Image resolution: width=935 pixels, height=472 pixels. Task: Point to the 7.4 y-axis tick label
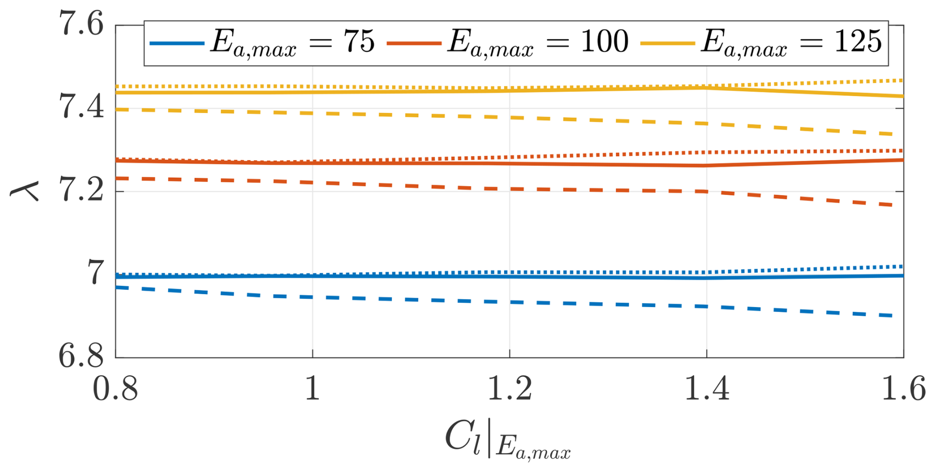click(82, 107)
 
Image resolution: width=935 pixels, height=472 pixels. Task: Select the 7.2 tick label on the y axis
click(82, 191)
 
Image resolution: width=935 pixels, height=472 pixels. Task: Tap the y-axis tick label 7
click(95, 273)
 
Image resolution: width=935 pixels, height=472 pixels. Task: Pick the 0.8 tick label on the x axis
click(115, 389)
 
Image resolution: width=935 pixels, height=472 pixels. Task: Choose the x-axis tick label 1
click(312, 389)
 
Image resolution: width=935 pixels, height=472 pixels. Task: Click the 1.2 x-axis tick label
click(509, 389)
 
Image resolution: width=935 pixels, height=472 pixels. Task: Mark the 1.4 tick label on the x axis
click(706, 389)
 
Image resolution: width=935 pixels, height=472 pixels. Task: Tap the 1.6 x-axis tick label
click(903, 389)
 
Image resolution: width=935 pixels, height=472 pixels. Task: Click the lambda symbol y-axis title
click(25, 191)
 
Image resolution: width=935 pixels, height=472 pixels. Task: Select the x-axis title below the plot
click(508, 440)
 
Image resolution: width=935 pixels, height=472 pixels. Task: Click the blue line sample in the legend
click(177, 43)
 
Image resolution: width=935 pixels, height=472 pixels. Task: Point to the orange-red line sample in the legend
click(414, 43)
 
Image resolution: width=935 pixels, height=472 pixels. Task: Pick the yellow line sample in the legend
click(668, 43)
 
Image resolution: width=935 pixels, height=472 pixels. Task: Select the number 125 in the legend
click(858, 41)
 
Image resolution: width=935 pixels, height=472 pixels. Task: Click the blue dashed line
click(509, 302)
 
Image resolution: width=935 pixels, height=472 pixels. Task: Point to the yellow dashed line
click(509, 118)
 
